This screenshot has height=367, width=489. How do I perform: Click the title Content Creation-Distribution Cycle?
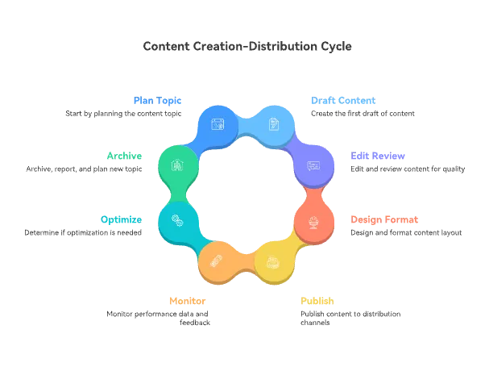(247, 46)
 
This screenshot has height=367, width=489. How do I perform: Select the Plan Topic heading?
(157, 101)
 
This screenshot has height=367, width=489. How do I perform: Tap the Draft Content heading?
(343, 101)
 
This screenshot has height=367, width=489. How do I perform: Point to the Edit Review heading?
(378, 156)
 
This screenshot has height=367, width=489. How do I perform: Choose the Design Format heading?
(384, 219)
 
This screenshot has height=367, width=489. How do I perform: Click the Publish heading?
(317, 301)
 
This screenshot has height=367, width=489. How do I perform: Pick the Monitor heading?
(188, 301)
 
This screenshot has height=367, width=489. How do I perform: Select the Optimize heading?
(122, 219)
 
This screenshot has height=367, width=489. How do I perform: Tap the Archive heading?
(124, 156)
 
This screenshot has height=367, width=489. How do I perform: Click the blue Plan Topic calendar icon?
(218, 124)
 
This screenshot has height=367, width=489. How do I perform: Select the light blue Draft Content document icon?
(274, 124)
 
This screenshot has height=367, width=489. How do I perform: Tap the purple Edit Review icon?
(313, 165)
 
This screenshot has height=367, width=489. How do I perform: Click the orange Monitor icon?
(217, 261)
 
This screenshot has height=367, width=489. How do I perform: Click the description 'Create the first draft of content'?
(363, 114)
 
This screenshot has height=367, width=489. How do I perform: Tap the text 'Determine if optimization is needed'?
(83, 232)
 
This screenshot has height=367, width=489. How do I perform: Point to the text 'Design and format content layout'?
(406, 232)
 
